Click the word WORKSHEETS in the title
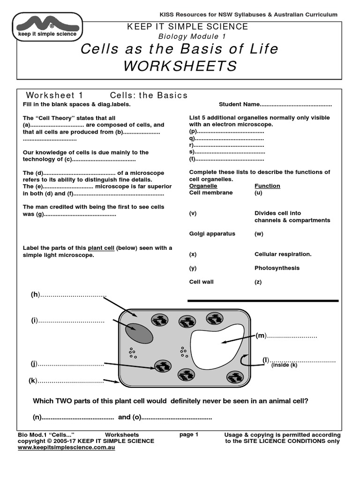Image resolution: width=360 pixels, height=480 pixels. click(180, 66)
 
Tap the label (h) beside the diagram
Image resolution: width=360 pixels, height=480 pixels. click(35, 294)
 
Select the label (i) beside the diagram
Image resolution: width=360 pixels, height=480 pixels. click(35, 321)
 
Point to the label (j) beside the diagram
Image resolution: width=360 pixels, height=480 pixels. click(34, 364)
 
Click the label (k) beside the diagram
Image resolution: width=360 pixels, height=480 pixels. click(33, 381)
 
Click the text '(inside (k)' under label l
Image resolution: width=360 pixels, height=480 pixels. click(284, 365)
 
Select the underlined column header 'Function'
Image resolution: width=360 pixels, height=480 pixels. click(267, 186)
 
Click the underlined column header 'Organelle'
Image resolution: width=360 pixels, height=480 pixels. click(203, 186)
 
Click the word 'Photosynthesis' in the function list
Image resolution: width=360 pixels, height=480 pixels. click(277, 268)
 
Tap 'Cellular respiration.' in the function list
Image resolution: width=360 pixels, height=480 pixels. click(283, 254)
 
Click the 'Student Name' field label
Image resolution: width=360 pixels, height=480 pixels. click(239, 105)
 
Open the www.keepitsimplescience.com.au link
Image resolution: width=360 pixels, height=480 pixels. click(66, 448)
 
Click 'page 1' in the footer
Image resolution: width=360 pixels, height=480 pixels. click(189, 435)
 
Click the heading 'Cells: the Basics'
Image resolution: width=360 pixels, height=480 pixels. click(149, 95)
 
